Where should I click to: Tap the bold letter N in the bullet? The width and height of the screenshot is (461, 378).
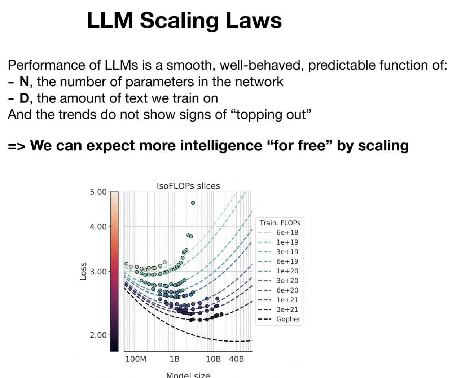coord(24,82)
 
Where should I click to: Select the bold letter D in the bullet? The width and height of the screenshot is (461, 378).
coord(24,98)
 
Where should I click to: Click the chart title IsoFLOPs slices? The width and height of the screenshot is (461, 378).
coord(188,186)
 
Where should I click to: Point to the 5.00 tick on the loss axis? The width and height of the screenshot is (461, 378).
coord(98,192)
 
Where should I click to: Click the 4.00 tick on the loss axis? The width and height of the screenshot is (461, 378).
coord(98,227)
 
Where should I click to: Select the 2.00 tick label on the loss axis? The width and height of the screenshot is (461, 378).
coord(98,335)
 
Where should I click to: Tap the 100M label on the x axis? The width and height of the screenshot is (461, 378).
coord(136,359)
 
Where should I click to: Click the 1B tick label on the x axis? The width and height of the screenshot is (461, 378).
coord(174,359)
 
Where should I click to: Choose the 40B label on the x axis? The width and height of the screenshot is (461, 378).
coord(236,359)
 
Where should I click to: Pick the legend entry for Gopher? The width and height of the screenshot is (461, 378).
coord(288,319)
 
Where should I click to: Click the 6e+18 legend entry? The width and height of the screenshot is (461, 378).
coord(287,233)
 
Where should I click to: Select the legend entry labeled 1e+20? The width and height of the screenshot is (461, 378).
coord(287,271)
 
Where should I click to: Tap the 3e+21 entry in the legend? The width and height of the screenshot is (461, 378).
coord(287,309)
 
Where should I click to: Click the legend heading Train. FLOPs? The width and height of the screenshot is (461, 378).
coord(280,223)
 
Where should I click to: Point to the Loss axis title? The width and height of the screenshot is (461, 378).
coord(83,271)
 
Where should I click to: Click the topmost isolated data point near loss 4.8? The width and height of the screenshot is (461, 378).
coord(193,203)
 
